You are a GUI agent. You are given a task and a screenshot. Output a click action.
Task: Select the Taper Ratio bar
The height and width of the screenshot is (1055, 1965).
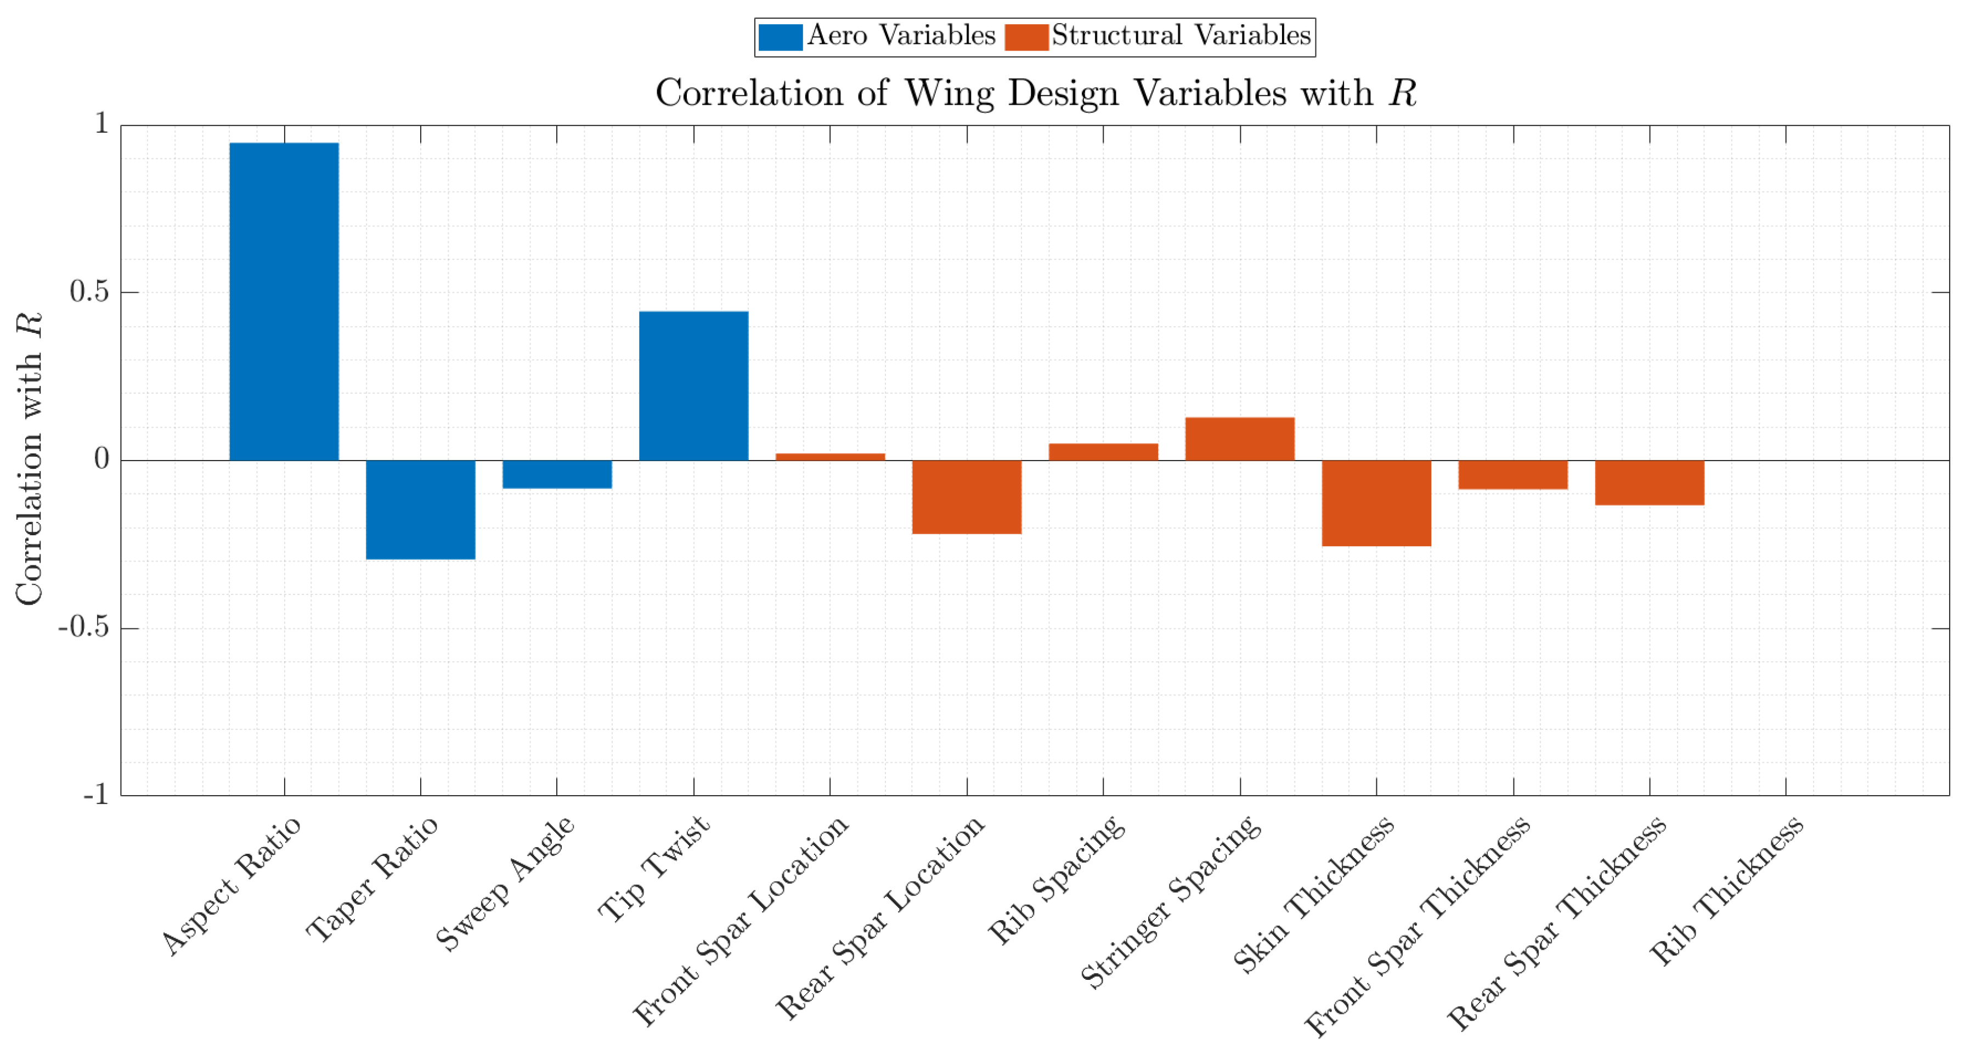[420, 510]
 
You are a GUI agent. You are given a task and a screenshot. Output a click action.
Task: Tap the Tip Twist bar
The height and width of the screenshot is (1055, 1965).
[693, 385]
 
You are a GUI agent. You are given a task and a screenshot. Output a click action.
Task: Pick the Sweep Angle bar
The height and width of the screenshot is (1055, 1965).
[557, 474]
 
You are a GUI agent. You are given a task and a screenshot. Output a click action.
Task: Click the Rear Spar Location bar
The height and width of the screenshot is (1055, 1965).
[967, 497]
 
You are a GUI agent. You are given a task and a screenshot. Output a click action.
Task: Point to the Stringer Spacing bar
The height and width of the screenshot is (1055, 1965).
[1240, 439]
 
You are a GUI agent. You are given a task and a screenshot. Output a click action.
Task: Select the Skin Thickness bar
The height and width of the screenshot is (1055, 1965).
[1376, 503]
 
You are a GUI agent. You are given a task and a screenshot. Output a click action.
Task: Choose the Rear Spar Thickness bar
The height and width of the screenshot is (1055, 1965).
[1649, 483]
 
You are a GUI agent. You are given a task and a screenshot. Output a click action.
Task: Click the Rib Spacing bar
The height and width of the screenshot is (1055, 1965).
[1103, 452]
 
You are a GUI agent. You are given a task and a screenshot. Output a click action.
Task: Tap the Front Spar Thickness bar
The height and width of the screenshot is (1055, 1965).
[1512, 475]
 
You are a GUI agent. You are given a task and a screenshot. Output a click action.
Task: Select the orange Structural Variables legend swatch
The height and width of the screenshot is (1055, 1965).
[1026, 37]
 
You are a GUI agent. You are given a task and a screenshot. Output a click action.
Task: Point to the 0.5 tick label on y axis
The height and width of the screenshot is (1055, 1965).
[89, 291]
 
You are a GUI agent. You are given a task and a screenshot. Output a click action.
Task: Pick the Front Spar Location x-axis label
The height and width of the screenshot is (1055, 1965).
[741, 920]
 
